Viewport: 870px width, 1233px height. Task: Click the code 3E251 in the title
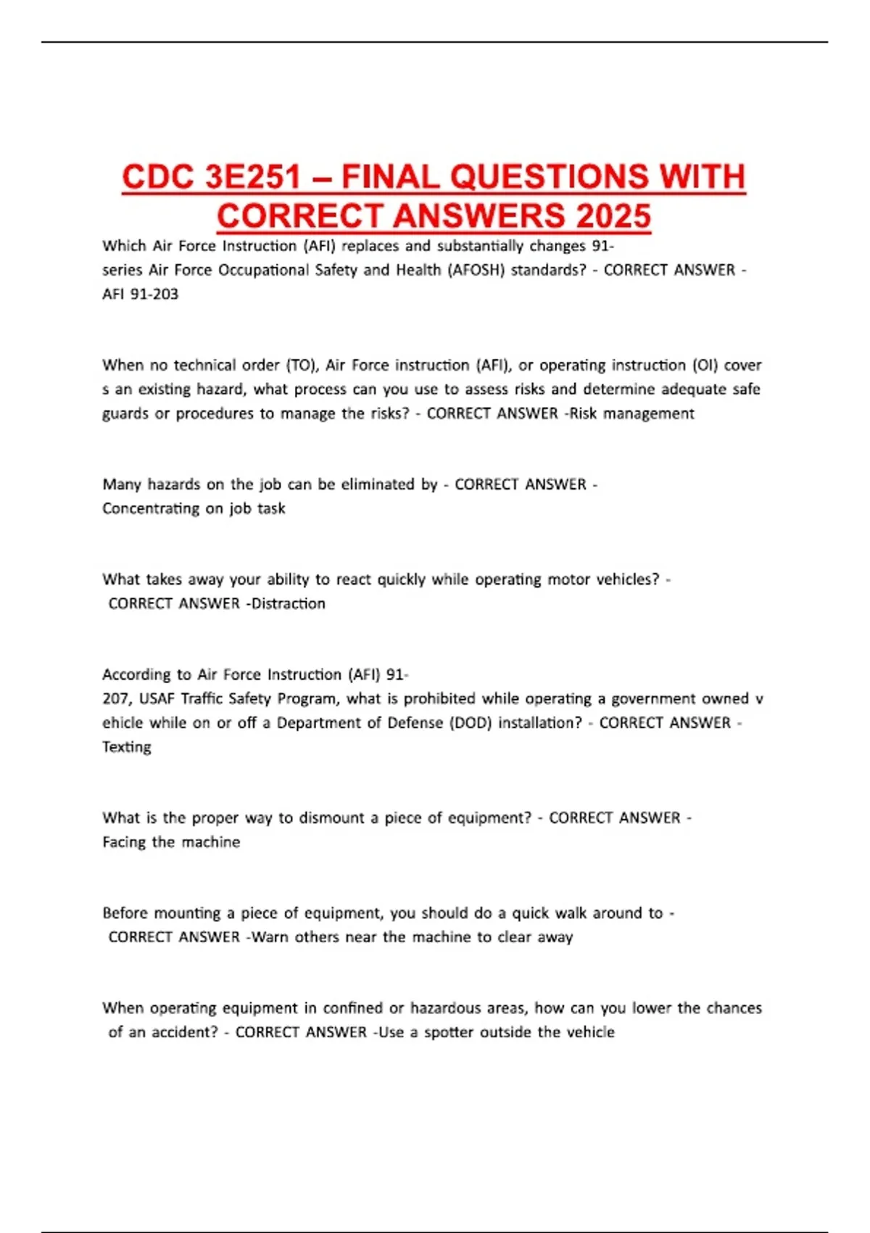click(x=252, y=178)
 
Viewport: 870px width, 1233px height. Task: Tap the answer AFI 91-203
click(x=140, y=294)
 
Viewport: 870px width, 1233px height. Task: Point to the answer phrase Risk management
click(x=631, y=413)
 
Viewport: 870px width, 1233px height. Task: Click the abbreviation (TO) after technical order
click(x=302, y=365)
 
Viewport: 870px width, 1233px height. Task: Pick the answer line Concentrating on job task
click(x=194, y=508)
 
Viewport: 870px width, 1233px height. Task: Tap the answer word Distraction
click(x=288, y=603)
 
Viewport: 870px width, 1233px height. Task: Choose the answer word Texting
click(x=127, y=747)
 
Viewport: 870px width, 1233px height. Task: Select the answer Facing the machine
click(x=171, y=842)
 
